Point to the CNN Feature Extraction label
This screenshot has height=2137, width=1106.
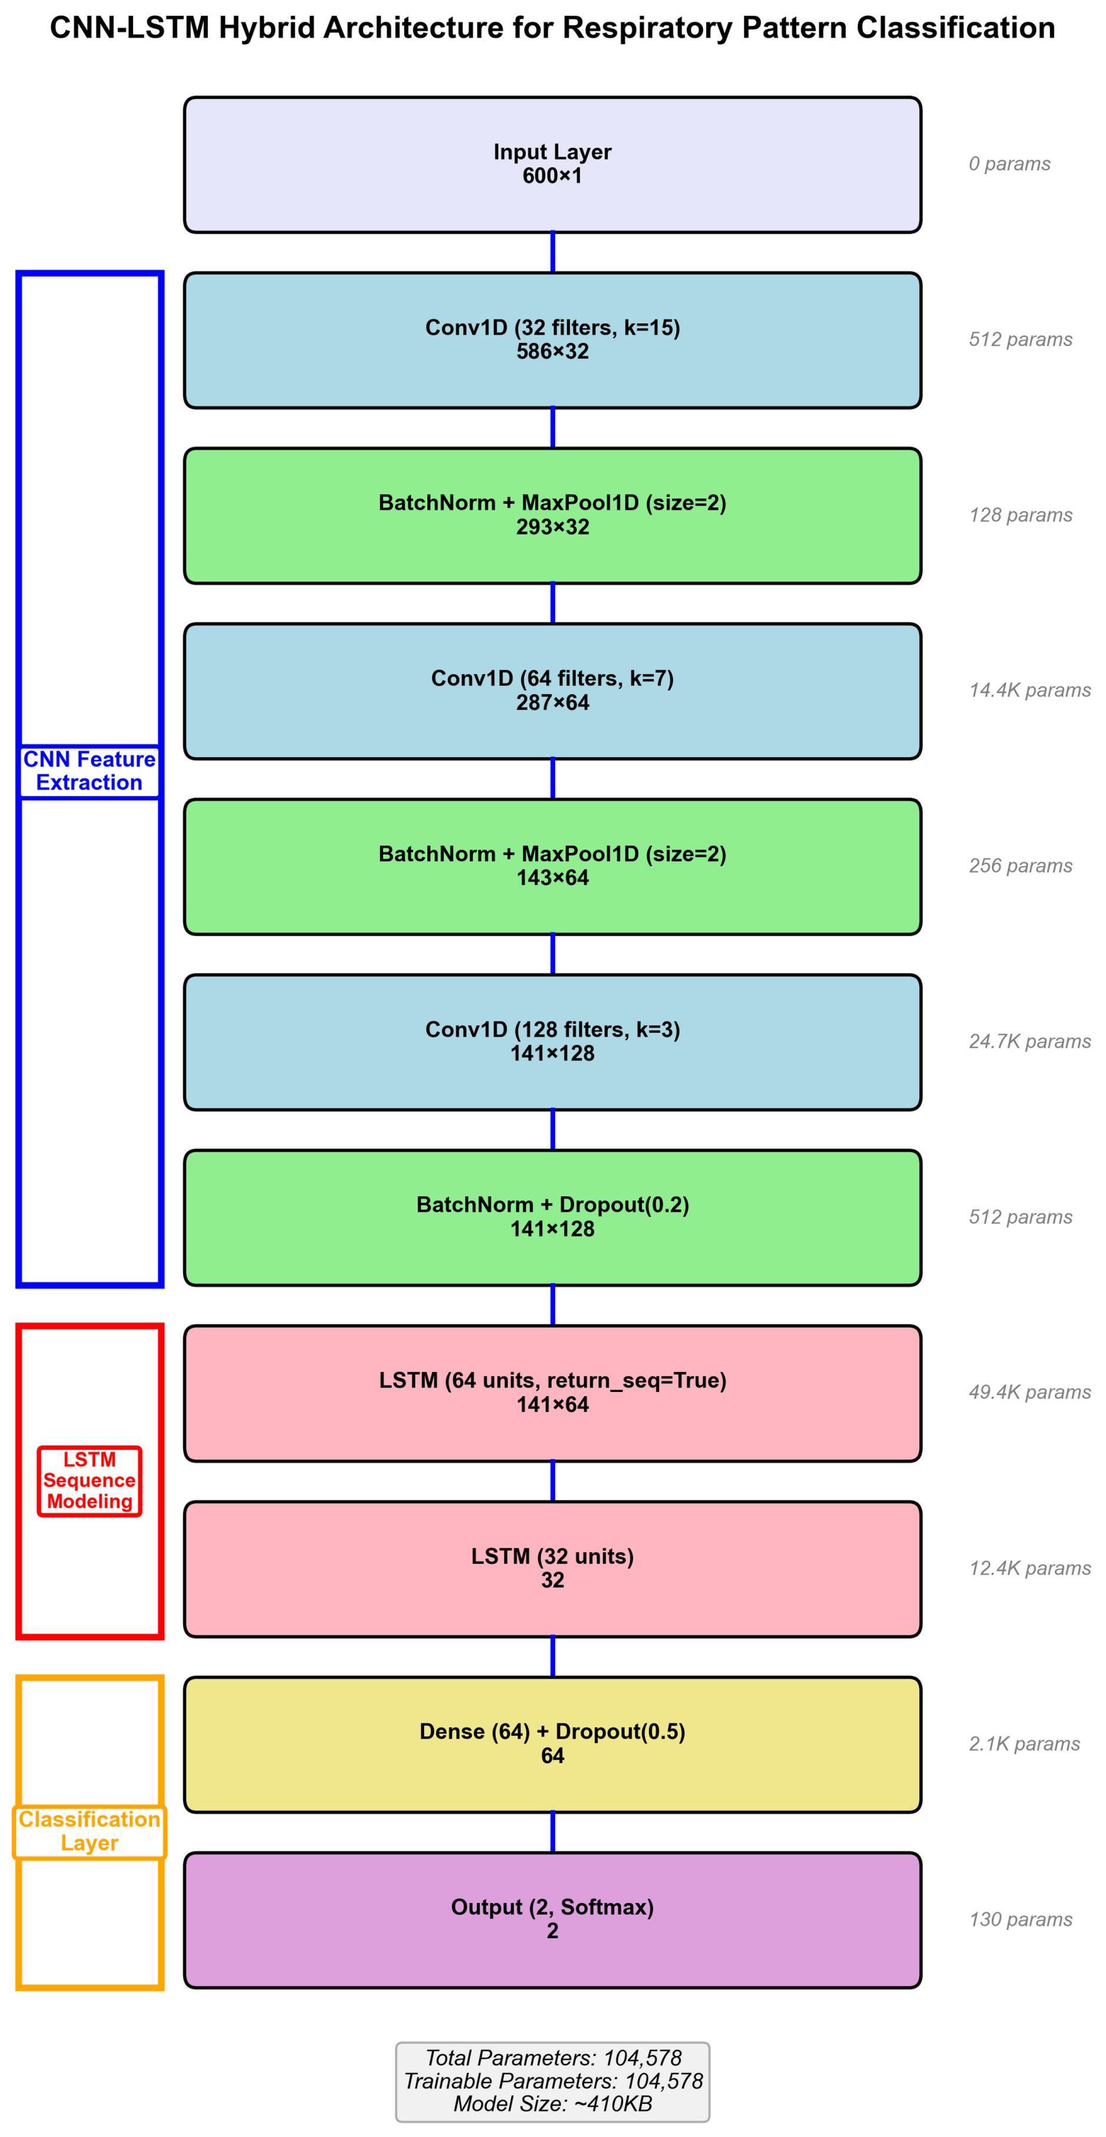click(x=89, y=771)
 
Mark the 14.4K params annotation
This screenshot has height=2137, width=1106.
click(x=1029, y=690)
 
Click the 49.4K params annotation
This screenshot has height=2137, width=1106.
click(x=1029, y=1392)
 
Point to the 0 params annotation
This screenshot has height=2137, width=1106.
click(x=1009, y=164)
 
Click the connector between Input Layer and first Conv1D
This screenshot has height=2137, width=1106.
click(x=553, y=252)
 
